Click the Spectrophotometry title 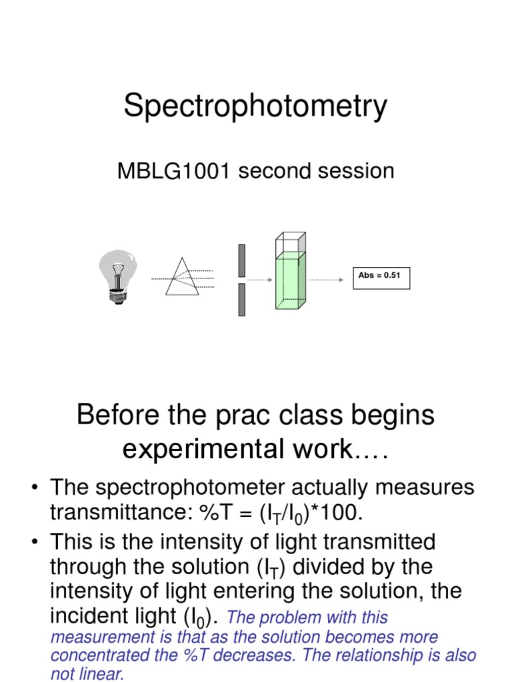tap(255, 107)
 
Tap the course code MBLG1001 tap(175, 172)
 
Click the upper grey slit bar tap(242, 260)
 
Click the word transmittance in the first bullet tap(120, 513)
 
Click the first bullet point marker tap(33, 488)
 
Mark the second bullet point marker tap(33, 541)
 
